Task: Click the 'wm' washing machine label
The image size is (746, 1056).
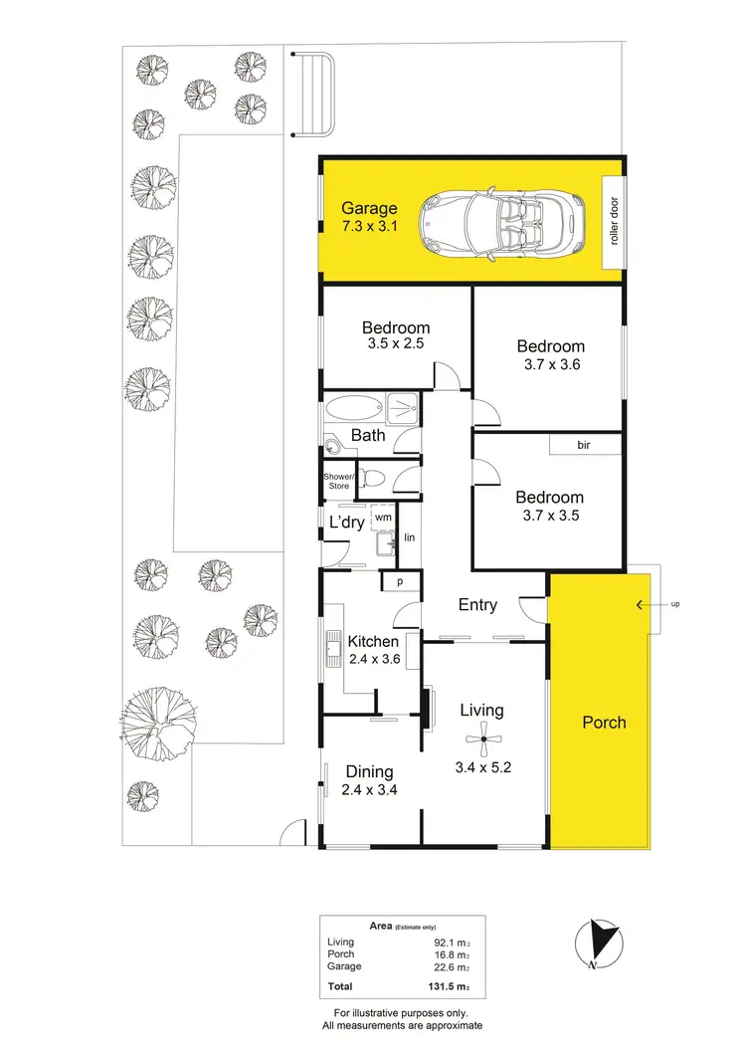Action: point(382,518)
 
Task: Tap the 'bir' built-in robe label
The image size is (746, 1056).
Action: point(584,445)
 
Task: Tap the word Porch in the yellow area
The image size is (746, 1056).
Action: point(604,722)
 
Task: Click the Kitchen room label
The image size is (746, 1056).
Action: point(373,642)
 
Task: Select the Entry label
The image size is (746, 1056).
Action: point(477,605)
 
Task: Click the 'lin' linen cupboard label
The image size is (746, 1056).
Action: point(409,538)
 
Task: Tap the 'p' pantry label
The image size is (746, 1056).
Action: point(400,583)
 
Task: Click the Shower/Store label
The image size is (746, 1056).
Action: point(337,482)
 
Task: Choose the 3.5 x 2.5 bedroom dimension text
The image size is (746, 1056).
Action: point(395,345)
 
